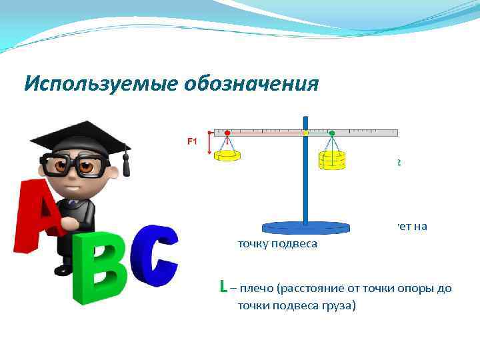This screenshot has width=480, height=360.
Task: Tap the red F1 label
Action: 192,141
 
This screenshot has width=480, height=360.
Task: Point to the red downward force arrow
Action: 211,144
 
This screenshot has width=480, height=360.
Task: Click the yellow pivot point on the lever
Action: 305,133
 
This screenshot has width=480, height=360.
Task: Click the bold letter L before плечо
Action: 223,288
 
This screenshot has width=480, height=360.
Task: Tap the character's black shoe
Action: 63,269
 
